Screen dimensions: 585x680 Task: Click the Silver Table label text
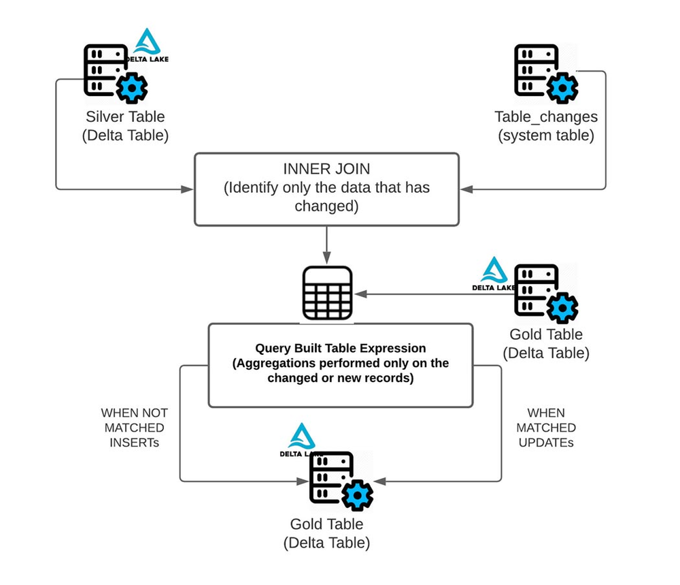[125, 116]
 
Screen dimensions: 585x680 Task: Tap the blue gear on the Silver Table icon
[132, 89]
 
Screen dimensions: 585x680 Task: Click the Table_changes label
[546, 116]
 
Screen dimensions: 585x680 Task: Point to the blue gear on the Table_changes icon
[562, 89]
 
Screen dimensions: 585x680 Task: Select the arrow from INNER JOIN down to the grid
[327, 245]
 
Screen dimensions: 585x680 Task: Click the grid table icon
[327, 293]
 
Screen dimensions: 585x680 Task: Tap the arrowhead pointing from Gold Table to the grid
[362, 294]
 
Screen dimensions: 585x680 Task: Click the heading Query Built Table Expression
[340, 348]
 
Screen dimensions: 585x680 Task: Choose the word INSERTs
[134, 443]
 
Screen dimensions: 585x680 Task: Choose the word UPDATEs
[546, 443]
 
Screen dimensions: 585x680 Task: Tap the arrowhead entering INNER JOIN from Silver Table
[188, 189]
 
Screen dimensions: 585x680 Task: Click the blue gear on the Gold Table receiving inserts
[357, 495]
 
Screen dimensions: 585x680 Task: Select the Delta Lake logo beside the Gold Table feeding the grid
[494, 274]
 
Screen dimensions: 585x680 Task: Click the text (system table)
[546, 135]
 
